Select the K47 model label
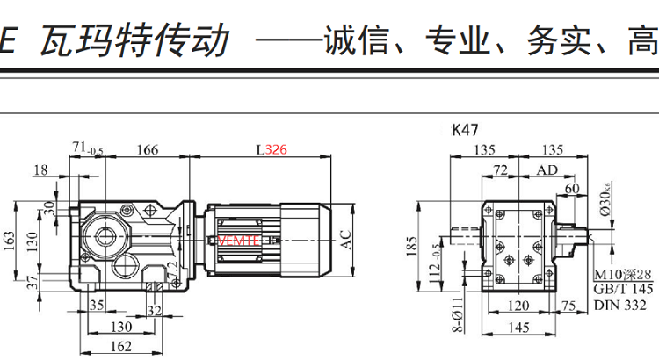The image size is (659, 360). pyautogui.click(x=465, y=131)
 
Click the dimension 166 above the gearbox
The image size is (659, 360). pyautogui.click(x=148, y=150)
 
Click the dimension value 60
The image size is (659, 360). pyautogui.click(x=572, y=187)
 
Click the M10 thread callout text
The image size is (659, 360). pyautogui.click(x=624, y=276)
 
